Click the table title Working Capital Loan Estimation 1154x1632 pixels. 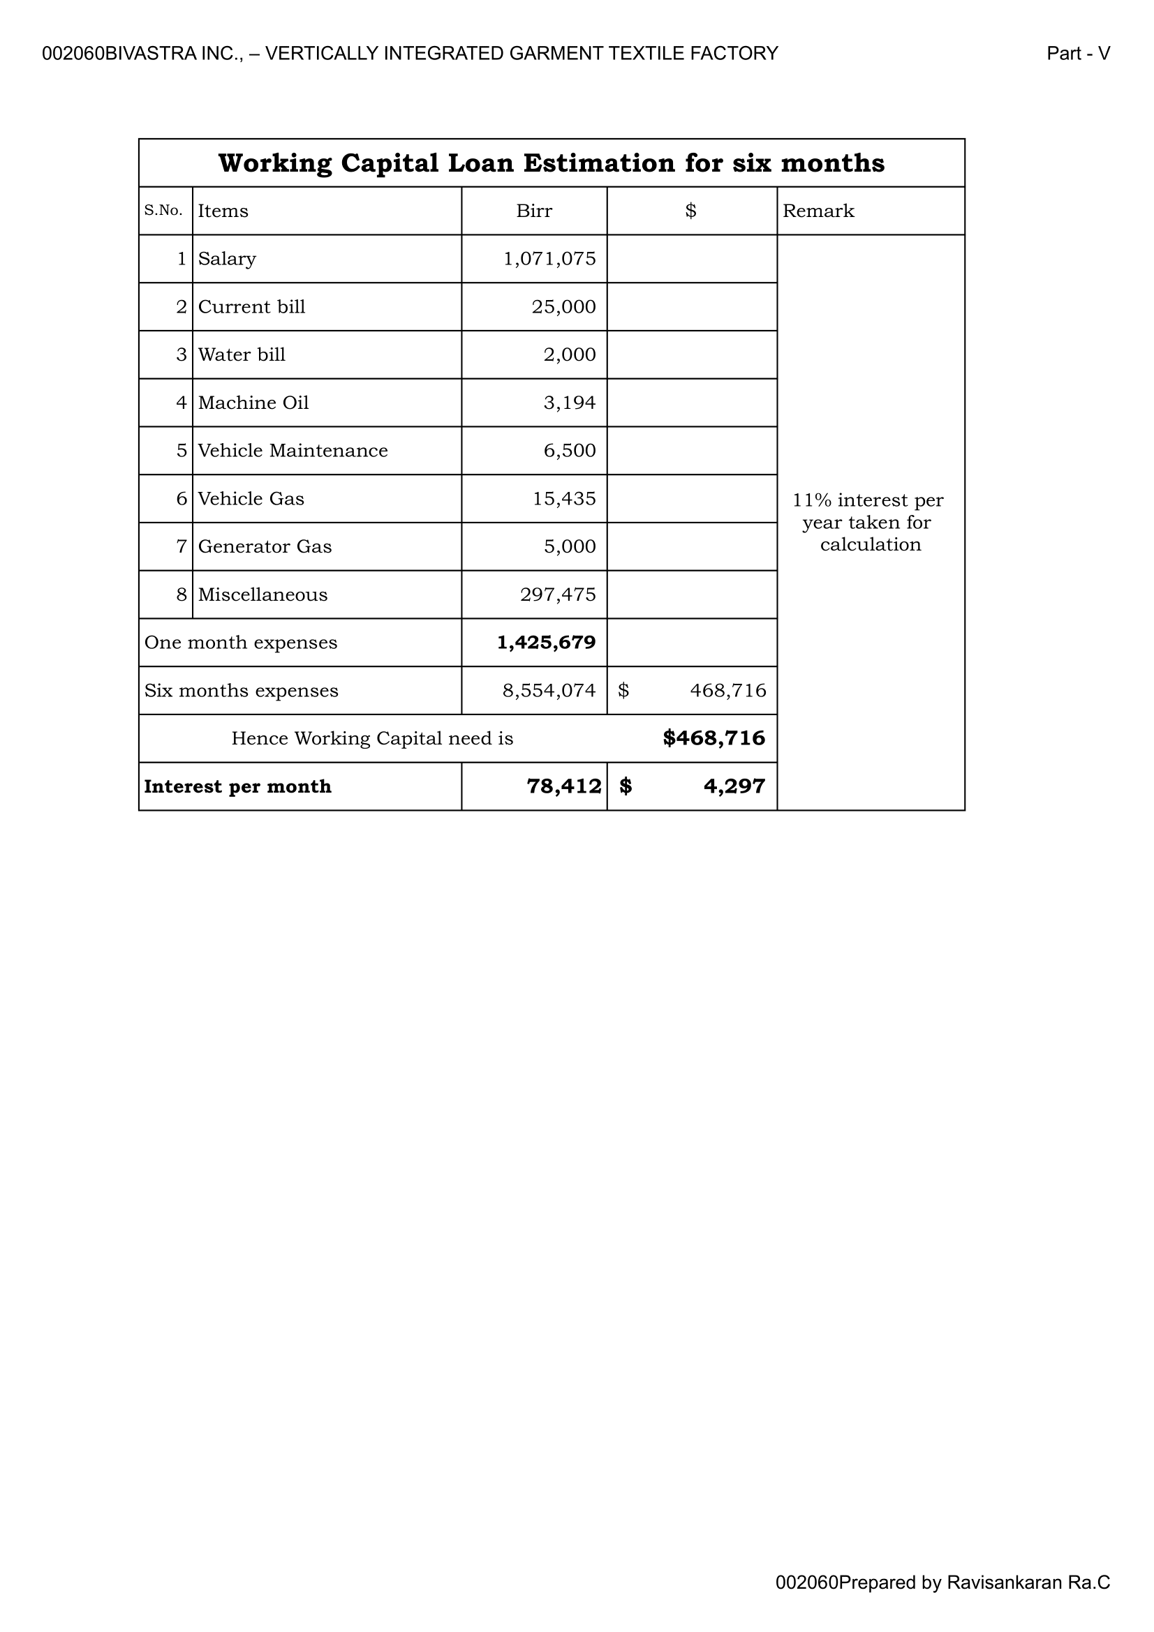tap(551, 163)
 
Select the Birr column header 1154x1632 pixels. tap(534, 211)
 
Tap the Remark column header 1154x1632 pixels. tap(818, 211)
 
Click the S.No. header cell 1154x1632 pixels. tap(163, 211)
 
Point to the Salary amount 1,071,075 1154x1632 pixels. tap(549, 259)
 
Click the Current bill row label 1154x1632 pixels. tap(252, 307)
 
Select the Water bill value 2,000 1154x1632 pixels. tap(570, 354)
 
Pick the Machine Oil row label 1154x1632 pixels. tap(253, 403)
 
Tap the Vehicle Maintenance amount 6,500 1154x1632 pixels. tap(570, 451)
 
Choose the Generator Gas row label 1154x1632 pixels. tap(265, 546)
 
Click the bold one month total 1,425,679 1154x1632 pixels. tap(546, 643)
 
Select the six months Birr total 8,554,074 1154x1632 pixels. tap(549, 691)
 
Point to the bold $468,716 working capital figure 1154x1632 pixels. tap(714, 738)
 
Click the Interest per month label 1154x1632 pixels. tap(237, 787)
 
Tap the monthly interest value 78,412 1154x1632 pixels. tap(564, 787)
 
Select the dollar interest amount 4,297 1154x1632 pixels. tap(734, 787)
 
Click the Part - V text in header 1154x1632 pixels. tap(1078, 54)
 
